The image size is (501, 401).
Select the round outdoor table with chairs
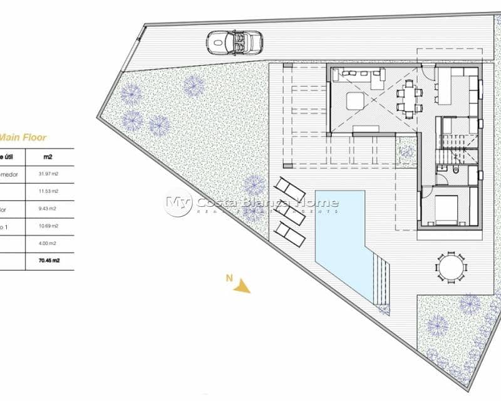451,268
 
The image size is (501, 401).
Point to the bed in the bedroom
447,210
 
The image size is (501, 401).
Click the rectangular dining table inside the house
410,96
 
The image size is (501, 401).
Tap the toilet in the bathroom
456,171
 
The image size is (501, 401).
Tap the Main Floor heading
23,137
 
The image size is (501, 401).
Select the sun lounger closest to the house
290,187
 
